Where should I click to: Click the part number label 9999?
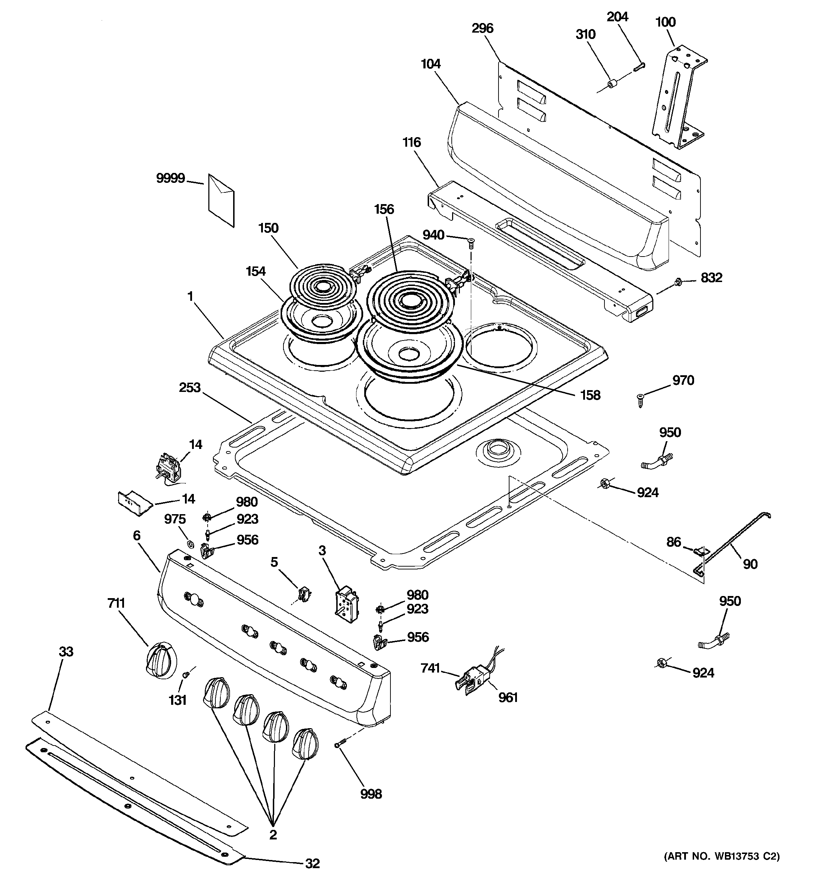pyautogui.click(x=170, y=179)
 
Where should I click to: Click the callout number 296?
pyautogui.click(x=482, y=29)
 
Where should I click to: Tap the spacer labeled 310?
pyautogui.click(x=612, y=84)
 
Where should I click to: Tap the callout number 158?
pyautogui.click(x=590, y=395)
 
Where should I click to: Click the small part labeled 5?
pyautogui.click(x=303, y=594)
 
